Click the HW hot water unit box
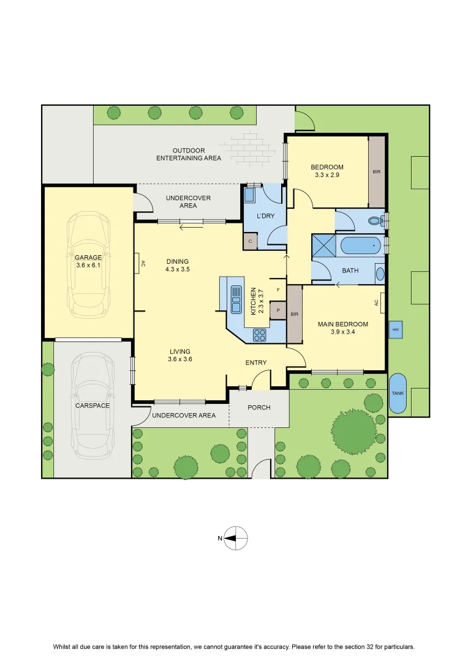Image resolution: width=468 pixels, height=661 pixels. pos(396,329)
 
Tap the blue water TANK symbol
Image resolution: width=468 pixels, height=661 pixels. pos(398,394)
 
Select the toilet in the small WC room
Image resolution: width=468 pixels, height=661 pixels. pos(376,220)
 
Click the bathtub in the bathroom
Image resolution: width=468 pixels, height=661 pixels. pos(361,245)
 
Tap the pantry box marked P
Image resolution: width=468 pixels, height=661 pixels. pos(278,310)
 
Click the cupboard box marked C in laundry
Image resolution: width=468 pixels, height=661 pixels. pos(251,241)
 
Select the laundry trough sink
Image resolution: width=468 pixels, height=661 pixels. pos(249,195)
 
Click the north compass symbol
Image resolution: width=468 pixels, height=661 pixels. pos(235,538)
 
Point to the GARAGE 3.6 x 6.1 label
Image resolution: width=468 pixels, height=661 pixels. pos(88,261)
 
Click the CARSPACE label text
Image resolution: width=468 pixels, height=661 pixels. pos(92,406)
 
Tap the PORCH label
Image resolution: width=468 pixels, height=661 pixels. pos(259,407)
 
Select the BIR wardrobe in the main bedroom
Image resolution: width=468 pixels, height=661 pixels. pos(295,315)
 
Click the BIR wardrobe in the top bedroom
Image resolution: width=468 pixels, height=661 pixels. pos(377,171)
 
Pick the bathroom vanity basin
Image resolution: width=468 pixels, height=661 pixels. pos(380,274)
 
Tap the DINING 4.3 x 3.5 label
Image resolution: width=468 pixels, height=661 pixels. pos(177,265)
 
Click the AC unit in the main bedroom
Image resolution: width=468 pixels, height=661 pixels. pos(379,304)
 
